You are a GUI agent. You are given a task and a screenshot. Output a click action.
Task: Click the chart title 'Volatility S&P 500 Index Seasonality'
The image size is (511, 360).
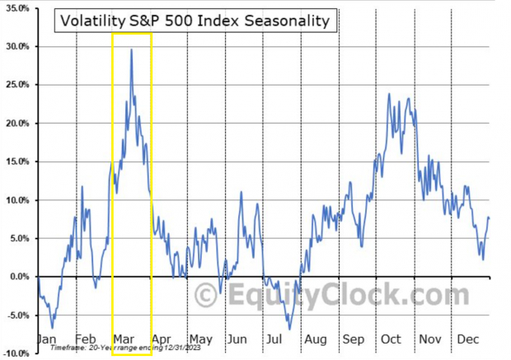195,21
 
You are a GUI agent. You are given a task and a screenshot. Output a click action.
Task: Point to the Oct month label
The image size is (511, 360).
391,339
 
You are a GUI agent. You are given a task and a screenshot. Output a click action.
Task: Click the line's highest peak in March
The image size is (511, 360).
130,49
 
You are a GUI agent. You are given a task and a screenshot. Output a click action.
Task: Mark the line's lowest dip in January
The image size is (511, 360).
53,328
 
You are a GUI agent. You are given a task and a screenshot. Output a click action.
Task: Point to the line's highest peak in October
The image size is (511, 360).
388,94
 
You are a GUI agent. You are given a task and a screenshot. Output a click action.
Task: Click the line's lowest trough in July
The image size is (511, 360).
289,329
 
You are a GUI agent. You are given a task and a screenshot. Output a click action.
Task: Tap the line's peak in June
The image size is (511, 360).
241,192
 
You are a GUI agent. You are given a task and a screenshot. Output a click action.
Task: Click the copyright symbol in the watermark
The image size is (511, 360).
204,294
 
